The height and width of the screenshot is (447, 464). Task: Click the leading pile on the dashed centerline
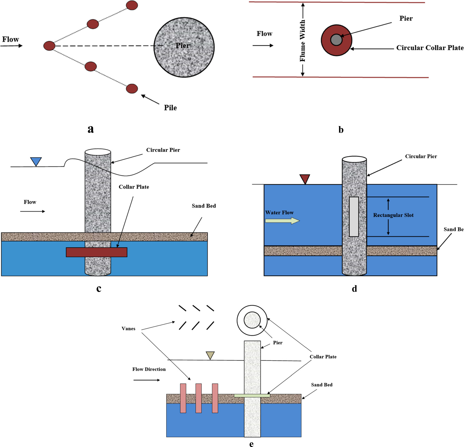coord(49,46)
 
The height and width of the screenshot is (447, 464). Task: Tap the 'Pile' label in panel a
coord(170,108)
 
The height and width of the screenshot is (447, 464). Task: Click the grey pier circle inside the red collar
coord(336,40)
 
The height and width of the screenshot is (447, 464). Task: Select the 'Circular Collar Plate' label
coord(430,48)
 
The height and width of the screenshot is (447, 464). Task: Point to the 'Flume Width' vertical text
coord(303,40)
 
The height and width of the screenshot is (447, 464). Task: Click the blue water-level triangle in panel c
coord(36,161)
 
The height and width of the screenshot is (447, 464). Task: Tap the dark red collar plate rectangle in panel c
coord(97,252)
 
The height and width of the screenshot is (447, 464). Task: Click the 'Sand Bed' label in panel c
coord(204,206)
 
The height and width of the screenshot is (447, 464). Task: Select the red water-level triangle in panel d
coord(305,179)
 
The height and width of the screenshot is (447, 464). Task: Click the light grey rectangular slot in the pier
coord(354,217)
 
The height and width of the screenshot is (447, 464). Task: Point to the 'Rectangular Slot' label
coord(393,215)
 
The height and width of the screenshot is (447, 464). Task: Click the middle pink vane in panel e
coord(198,398)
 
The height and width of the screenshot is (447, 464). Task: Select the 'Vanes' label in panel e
coord(128,329)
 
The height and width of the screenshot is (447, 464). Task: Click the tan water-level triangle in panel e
coord(210,355)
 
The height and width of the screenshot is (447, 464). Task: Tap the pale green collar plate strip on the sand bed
coord(252,395)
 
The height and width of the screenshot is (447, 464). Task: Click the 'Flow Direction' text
coord(149,369)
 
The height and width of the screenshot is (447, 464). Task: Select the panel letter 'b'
coord(341,130)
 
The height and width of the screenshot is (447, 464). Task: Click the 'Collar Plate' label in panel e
coord(323,357)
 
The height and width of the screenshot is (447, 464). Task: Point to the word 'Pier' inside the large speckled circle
coord(183,46)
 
